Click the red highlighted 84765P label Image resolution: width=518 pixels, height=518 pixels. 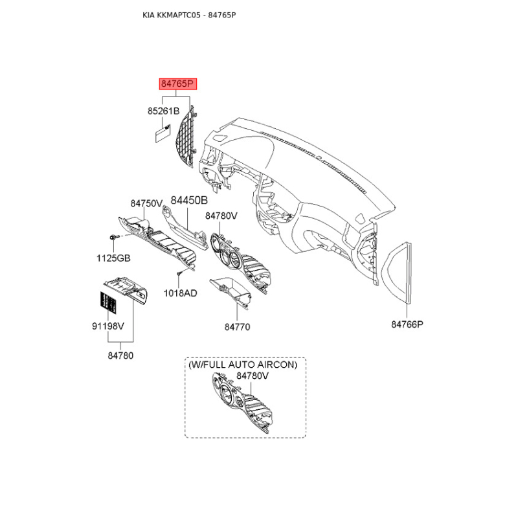click(177, 84)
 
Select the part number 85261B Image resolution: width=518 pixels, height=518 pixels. click(163, 111)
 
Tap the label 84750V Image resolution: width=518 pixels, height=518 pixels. click(146, 203)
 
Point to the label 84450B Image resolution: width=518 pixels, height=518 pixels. click(189, 200)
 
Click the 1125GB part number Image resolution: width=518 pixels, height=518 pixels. click(113, 258)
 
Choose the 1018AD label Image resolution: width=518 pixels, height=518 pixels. click(181, 293)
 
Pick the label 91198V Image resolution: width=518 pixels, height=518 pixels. click(107, 326)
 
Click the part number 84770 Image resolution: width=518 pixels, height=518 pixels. click(237, 327)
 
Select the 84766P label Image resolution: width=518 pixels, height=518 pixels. click(407, 324)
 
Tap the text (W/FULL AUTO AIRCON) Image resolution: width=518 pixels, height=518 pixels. click(243, 365)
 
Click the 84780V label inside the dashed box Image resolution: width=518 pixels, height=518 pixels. click(253, 376)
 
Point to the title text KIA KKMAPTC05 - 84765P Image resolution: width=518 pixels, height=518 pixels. click(189, 15)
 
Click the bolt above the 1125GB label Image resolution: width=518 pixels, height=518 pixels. click(113, 237)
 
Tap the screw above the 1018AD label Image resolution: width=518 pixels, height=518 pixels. click(179, 274)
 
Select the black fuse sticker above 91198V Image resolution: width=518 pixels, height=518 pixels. click(109, 302)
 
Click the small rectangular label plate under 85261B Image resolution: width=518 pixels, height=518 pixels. click(163, 134)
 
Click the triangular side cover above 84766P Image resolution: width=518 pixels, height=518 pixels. click(396, 272)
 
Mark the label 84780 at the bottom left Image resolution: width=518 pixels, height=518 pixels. click(120, 355)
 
